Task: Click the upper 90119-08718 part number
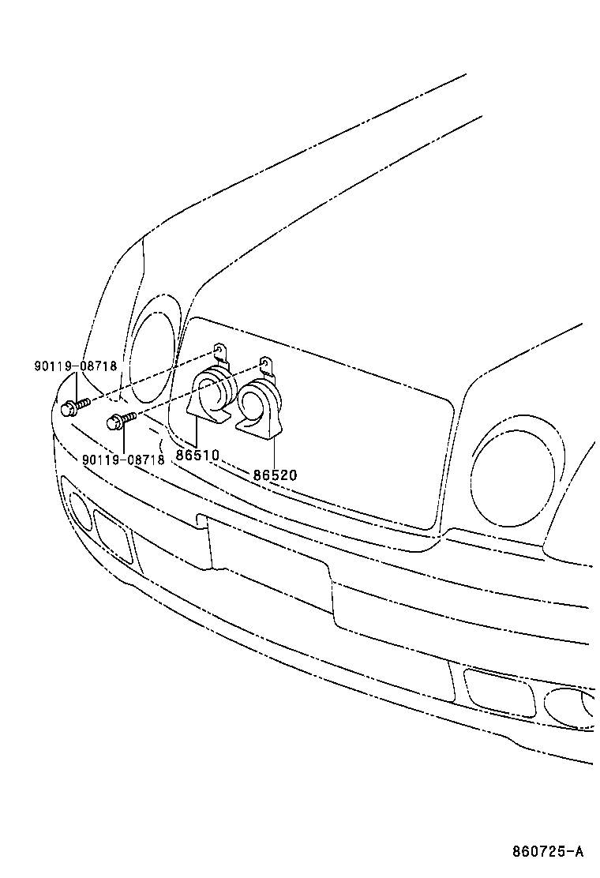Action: click(75, 366)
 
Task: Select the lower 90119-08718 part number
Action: click(122, 460)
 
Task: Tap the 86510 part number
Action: click(197, 456)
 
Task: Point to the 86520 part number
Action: click(275, 475)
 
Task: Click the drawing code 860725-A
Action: click(546, 851)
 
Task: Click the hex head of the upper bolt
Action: click(68, 408)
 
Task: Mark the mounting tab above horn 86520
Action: click(266, 366)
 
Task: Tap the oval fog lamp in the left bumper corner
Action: click(81, 509)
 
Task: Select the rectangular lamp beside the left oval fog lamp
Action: click(113, 535)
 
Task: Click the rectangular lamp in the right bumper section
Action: click(499, 692)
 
